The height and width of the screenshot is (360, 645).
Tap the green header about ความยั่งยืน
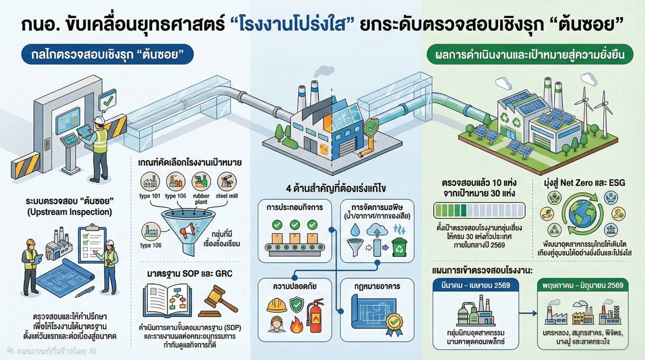527,55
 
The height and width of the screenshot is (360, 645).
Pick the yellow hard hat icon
277,305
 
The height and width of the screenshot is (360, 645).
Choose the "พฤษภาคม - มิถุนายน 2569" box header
584,285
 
